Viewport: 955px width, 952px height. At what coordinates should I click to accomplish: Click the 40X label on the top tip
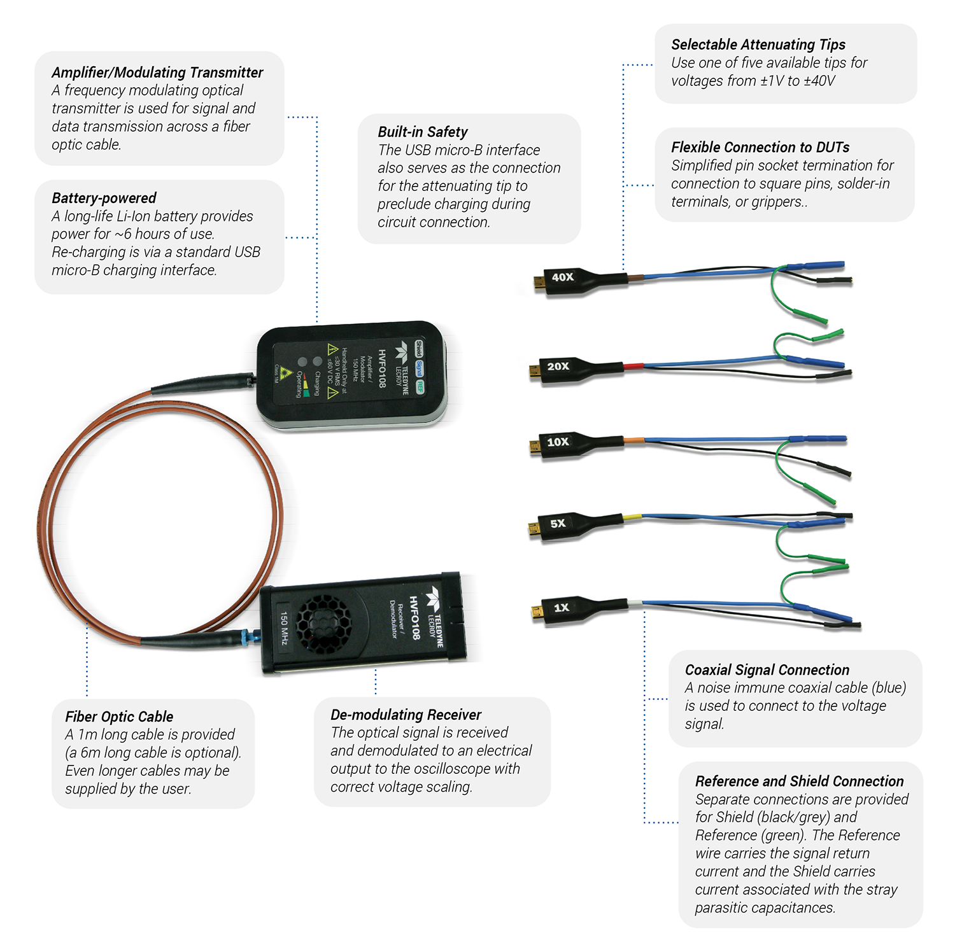(x=563, y=277)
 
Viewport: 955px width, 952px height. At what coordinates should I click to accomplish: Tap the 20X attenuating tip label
(x=558, y=367)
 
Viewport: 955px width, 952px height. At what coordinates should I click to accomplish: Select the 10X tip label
(x=558, y=442)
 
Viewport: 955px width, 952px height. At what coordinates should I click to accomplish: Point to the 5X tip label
(x=558, y=524)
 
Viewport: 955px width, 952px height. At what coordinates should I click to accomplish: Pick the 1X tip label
(x=561, y=608)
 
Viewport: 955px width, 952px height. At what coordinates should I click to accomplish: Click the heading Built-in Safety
(x=423, y=132)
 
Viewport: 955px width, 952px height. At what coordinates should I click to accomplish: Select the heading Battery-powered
(x=104, y=198)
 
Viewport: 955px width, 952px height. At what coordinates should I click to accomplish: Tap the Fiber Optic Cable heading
(x=119, y=717)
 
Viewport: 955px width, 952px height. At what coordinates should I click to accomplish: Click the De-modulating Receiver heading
(x=406, y=715)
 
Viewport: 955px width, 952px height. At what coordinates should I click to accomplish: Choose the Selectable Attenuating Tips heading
(x=758, y=45)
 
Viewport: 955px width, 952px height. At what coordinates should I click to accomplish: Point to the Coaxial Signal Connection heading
(x=767, y=670)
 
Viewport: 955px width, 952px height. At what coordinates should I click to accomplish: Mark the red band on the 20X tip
(x=633, y=366)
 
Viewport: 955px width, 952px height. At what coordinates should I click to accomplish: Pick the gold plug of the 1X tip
(x=537, y=613)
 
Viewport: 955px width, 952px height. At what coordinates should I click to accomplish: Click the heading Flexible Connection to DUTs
(x=760, y=148)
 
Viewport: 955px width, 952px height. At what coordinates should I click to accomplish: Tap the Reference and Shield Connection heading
(x=799, y=781)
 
